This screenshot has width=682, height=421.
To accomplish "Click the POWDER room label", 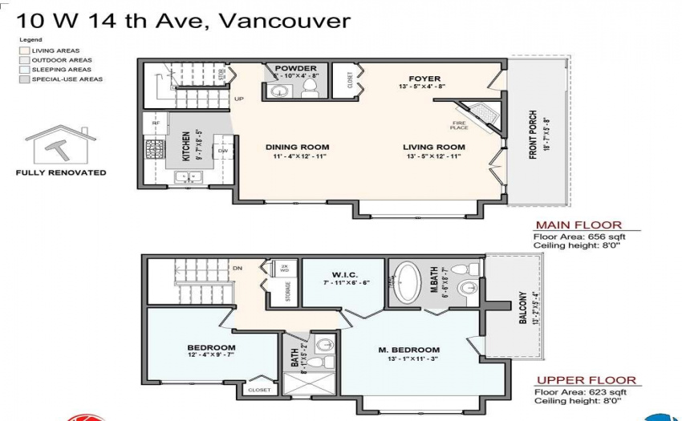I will pyautogui.click(x=295, y=68).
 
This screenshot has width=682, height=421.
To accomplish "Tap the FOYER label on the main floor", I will pyautogui.click(x=425, y=79).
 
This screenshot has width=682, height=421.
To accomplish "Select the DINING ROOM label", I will pyautogui.click(x=298, y=147).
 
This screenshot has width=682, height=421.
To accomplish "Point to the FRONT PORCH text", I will pyautogui.click(x=533, y=134).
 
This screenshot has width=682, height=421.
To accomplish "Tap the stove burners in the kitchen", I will pyautogui.click(x=154, y=148).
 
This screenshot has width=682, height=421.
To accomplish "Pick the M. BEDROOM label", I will pyautogui.click(x=409, y=350).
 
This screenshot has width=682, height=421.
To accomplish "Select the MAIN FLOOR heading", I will pyautogui.click(x=578, y=225).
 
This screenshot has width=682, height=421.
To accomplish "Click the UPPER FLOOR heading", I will pyautogui.click(x=586, y=380).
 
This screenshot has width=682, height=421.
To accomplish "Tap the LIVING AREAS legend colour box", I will pyautogui.click(x=24, y=51).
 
